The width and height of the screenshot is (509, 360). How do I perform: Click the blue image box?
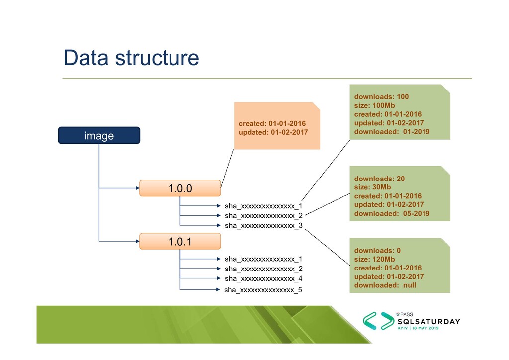(99, 135)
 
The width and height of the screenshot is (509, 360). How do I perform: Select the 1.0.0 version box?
(179, 188)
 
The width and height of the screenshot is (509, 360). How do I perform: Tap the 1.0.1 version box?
(179, 242)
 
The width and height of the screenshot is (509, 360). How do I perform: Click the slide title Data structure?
(131, 58)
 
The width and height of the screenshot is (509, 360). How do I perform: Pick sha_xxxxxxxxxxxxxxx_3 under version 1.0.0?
(263, 225)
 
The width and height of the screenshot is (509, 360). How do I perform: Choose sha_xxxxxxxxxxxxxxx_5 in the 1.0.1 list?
(263, 289)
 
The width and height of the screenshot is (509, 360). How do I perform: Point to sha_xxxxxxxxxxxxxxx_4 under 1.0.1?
(263, 278)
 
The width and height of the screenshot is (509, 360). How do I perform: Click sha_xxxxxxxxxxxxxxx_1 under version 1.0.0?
(263, 205)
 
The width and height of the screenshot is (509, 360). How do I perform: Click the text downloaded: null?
(385, 285)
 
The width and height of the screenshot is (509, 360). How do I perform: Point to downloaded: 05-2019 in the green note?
(392, 214)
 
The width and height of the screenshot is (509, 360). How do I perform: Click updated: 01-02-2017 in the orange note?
(273, 132)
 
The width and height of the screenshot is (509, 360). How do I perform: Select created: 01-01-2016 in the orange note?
(272, 123)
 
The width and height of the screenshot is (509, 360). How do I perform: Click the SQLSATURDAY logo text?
(428, 321)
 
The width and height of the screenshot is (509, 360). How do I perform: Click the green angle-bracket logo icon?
(377, 322)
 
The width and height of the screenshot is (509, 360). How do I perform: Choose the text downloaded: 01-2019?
(392, 132)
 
